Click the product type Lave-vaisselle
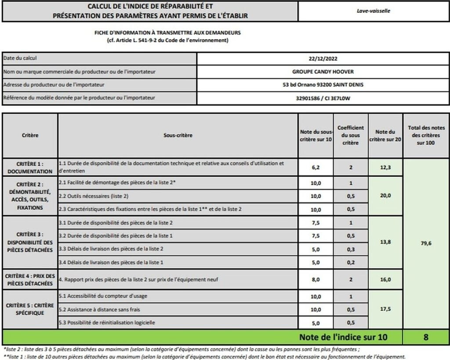coord(373,11)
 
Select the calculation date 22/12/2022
coord(323,58)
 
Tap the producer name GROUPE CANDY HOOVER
coord(323,72)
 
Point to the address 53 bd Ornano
coord(323,85)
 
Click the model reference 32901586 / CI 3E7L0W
coord(323,98)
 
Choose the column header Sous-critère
coord(178,136)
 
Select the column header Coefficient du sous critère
coord(351,136)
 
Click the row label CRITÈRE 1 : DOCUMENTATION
coord(30,167)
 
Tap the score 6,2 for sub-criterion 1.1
coord(316,167)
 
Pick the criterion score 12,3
coord(385,167)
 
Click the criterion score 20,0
coord(385,196)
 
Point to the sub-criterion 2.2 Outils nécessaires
coord(94,196)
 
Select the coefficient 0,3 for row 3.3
coord(351,249)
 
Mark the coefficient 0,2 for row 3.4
coord(351,262)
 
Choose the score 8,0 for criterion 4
coord(316,279)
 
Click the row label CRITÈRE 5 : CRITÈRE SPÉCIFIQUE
coord(30,309)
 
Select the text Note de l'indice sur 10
coord(344,337)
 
